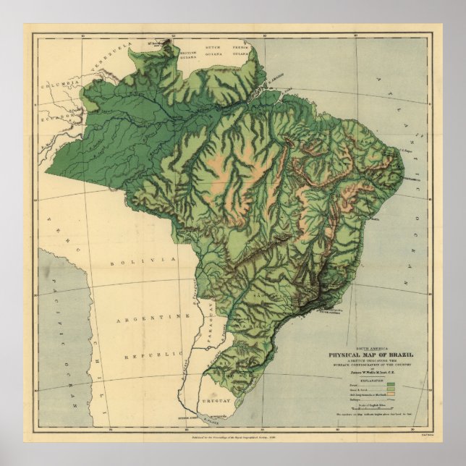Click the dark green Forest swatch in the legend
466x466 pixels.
[x=391, y=384]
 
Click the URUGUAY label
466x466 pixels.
[x=216, y=400]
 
